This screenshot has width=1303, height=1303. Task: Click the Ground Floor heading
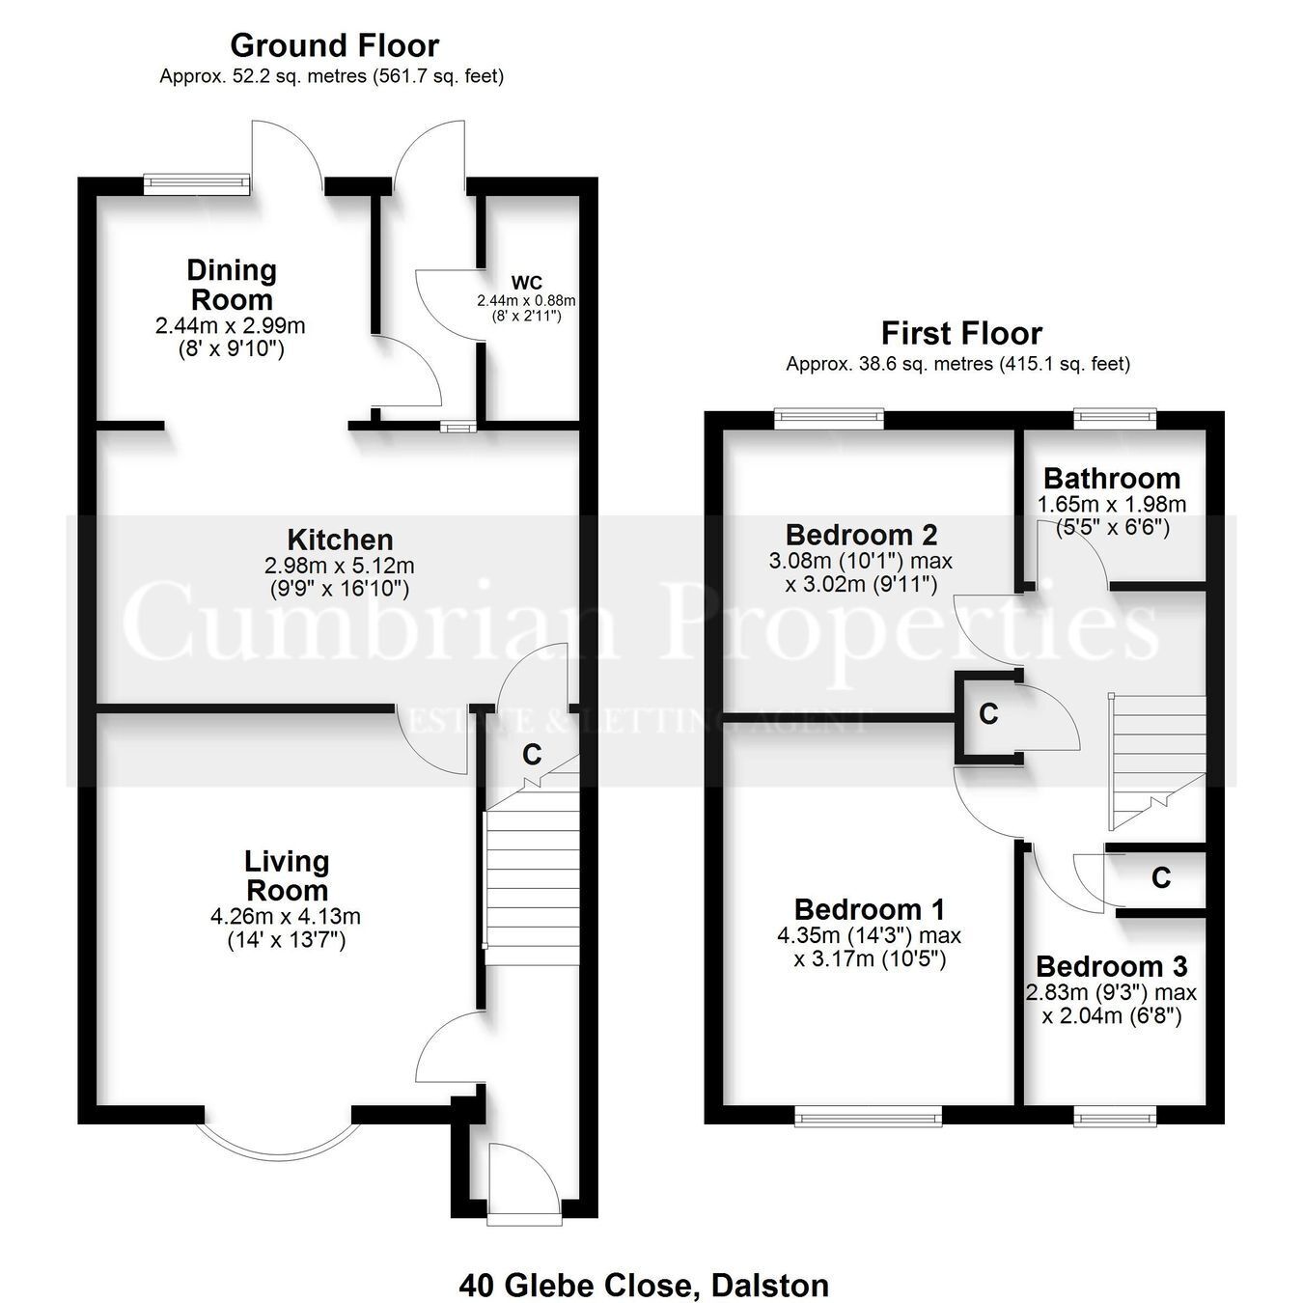click(x=335, y=46)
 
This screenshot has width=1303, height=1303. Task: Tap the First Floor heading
click(x=961, y=334)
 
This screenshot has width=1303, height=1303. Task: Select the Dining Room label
click(x=232, y=285)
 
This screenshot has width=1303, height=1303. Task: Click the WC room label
click(x=527, y=282)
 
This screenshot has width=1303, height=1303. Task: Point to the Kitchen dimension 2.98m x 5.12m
click(x=340, y=566)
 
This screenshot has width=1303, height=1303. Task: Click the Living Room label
click(x=287, y=875)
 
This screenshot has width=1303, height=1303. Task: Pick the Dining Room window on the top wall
click(x=197, y=182)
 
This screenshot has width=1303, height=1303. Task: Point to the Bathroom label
click(x=1112, y=479)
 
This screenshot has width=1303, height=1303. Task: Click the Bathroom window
click(x=1115, y=417)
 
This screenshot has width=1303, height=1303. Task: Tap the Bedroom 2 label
click(x=862, y=535)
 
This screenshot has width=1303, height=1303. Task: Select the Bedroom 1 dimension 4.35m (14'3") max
click(x=869, y=936)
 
